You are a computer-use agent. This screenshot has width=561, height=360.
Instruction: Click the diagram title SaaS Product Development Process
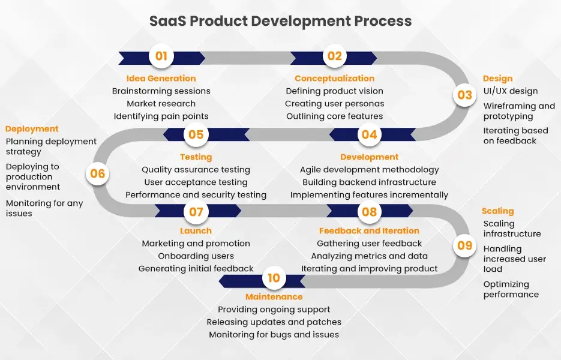click(280, 21)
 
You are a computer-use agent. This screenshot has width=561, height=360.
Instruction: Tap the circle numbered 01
click(161, 56)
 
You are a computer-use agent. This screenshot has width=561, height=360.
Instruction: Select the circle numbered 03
click(464, 95)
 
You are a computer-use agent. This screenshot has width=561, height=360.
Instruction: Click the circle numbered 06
click(97, 174)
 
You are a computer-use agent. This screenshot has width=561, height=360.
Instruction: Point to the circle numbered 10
click(274, 278)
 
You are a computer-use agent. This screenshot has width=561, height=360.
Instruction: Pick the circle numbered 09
click(464, 245)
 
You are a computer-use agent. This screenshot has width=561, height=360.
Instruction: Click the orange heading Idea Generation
click(161, 78)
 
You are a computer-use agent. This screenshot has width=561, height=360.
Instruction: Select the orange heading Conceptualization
click(334, 78)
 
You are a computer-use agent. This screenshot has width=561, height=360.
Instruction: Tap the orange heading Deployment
click(32, 128)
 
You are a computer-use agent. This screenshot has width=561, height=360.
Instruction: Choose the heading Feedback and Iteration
click(369, 230)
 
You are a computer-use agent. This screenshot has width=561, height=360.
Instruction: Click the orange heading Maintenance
click(274, 296)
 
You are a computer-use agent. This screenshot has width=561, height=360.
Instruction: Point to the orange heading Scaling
click(498, 211)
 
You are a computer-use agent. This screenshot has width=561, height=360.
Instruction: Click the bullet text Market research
click(161, 104)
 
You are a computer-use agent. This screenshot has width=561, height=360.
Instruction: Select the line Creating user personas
click(334, 104)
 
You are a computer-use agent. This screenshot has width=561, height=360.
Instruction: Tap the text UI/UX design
click(510, 91)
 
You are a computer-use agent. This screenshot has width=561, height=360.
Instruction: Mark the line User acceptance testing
click(196, 182)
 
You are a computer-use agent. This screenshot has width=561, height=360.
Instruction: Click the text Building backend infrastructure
click(369, 182)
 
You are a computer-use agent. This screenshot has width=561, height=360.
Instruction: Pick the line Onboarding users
click(196, 256)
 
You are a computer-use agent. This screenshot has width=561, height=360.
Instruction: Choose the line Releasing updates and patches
click(274, 322)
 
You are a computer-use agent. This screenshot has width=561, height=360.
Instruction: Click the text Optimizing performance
click(511, 289)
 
